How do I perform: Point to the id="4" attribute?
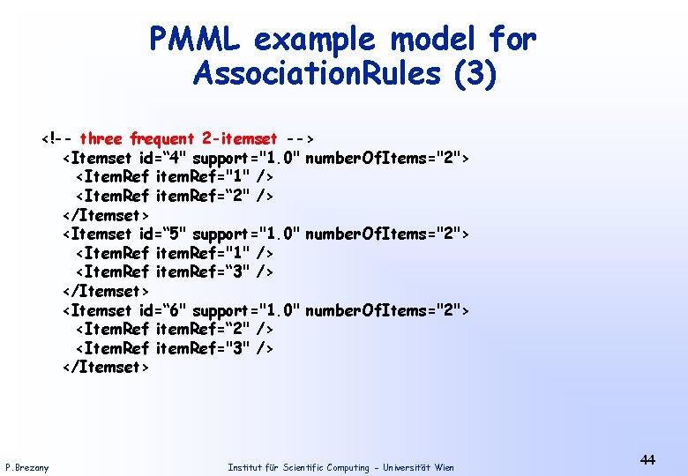point(162,158)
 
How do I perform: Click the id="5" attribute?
point(162,234)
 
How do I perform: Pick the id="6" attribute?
point(162,310)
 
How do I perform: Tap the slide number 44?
point(647,459)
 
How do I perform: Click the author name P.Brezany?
point(27,467)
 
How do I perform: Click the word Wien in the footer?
point(445,467)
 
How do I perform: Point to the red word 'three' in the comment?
point(101,138)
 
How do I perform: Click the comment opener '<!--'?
point(56,138)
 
